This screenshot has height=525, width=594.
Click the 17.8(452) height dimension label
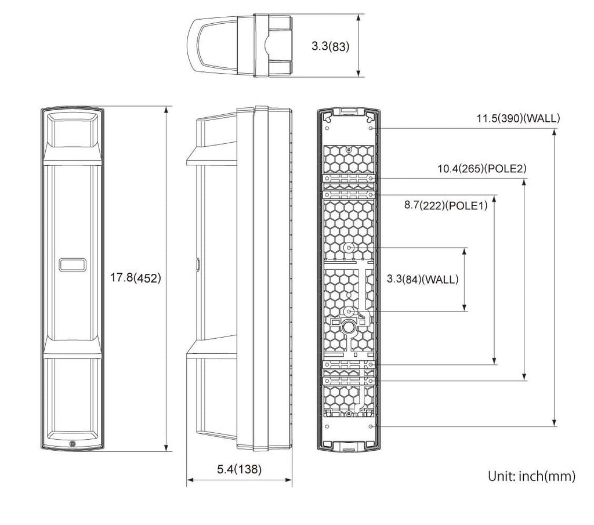tap(135, 278)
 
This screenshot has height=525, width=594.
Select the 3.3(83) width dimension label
tap(330, 46)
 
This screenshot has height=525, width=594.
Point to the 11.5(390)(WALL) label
tap(518, 118)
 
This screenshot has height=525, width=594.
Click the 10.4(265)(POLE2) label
tap(481, 169)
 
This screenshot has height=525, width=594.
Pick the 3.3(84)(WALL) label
tap(422, 280)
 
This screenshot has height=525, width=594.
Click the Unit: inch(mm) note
tap(531, 476)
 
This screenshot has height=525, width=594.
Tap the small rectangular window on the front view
tap(73, 265)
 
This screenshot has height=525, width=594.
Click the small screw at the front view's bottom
tap(73, 444)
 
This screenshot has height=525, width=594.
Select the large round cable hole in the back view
tap(348, 326)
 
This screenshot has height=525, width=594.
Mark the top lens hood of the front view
tap(73, 133)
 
